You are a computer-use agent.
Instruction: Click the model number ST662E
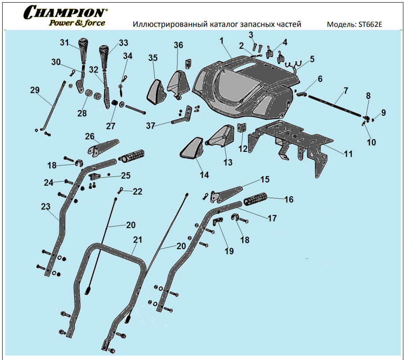pyautogui.click(x=371, y=25)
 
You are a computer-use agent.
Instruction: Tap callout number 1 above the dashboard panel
pyautogui.click(x=222, y=40)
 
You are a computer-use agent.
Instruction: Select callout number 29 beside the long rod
pyautogui.click(x=35, y=91)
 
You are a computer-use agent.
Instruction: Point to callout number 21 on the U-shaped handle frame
pyautogui.click(x=138, y=240)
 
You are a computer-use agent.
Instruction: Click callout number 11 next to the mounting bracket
pyautogui.click(x=348, y=154)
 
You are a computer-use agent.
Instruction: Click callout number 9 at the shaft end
pyautogui.click(x=384, y=113)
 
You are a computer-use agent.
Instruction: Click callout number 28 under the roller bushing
pyautogui.click(x=83, y=113)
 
